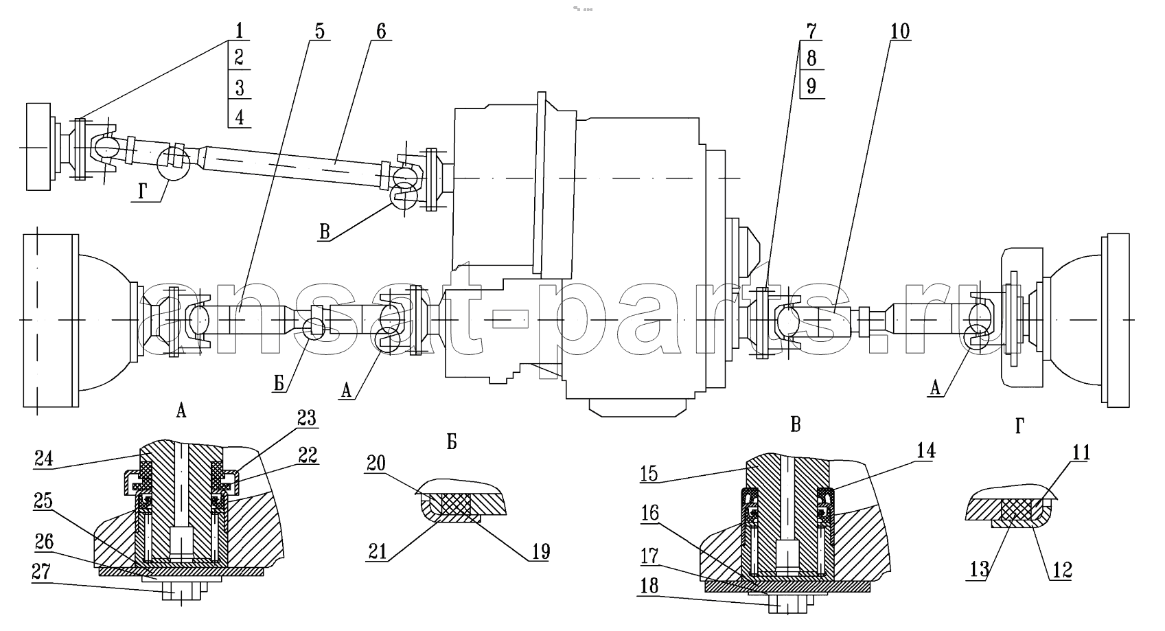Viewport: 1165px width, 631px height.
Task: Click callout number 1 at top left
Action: [x=239, y=31]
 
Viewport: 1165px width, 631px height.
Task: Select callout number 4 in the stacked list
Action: [x=239, y=117]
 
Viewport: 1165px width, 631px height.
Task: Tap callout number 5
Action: [x=319, y=31]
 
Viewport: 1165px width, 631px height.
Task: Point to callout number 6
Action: [x=381, y=31]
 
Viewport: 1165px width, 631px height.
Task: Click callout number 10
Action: [x=900, y=31]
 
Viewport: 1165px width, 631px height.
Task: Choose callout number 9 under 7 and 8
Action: [x=811, y=86]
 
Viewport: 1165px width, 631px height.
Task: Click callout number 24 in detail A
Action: [x=44, y=459]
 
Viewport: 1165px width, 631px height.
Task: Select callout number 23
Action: [x=307, y=417]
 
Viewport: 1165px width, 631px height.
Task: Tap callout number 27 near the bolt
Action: [x=41, y=572]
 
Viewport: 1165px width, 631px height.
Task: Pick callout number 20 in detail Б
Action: [x=376, y=463]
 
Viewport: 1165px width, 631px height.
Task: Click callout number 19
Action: [x=541, y=551]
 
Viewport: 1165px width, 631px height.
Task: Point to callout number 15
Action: [x=649, y=474]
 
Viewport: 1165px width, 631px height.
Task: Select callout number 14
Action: [x=925, y=450]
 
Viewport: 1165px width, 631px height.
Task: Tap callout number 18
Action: [x=649, y=586]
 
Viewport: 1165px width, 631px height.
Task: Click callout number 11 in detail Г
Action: [x=1081, y=452]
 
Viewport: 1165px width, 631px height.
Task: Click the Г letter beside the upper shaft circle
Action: [x=143, y=192]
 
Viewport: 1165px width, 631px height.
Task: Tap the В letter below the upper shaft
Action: [x=325, y=231]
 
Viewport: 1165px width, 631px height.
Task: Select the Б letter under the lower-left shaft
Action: [x=279, y=384]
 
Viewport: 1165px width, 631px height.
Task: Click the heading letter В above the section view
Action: [x=795, y=425]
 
